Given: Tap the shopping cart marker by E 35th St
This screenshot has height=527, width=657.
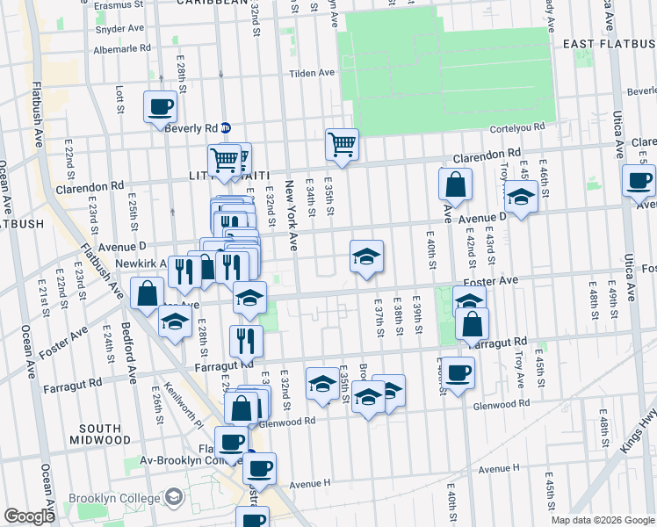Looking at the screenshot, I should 342,143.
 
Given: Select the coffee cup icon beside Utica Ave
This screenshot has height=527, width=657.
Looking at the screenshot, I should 639,181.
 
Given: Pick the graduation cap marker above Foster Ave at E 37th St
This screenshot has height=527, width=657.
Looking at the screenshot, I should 366,256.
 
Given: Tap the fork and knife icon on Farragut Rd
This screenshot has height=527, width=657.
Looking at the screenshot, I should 246,340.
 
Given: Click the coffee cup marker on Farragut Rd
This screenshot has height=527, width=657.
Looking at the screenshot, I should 457,372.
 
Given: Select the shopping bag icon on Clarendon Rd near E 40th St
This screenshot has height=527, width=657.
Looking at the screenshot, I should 456,184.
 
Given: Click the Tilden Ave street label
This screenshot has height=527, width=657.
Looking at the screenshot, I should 314,73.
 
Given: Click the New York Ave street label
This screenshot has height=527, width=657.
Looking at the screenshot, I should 292,215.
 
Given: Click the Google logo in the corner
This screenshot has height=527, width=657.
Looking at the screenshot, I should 29,516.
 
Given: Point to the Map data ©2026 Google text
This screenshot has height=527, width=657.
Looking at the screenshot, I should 602,520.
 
